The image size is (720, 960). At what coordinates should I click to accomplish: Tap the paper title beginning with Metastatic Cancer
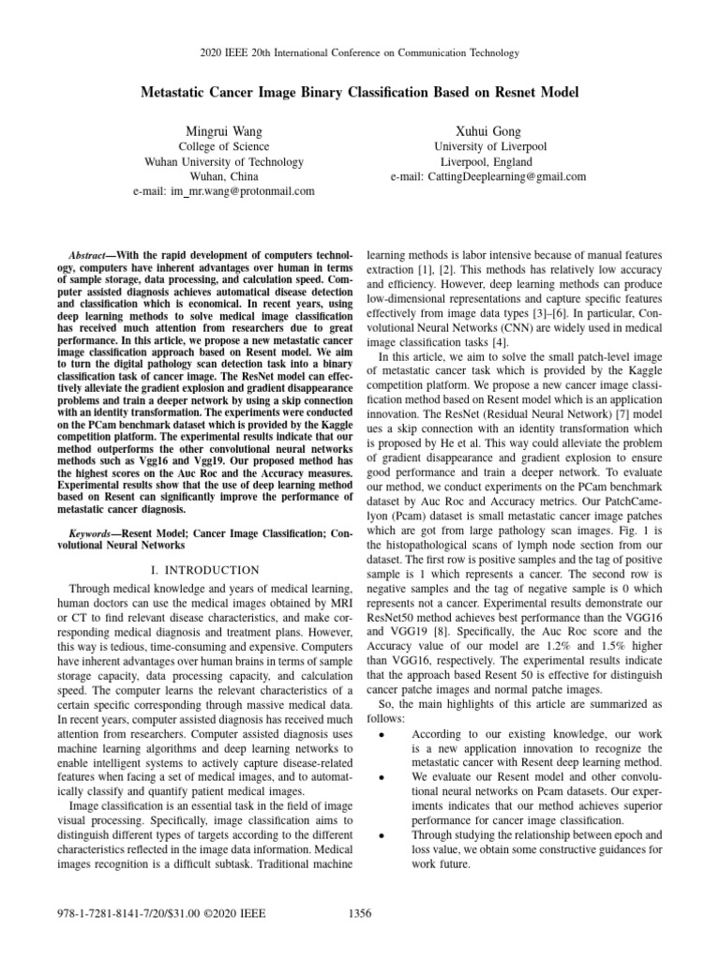click(x=360, y=92)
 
